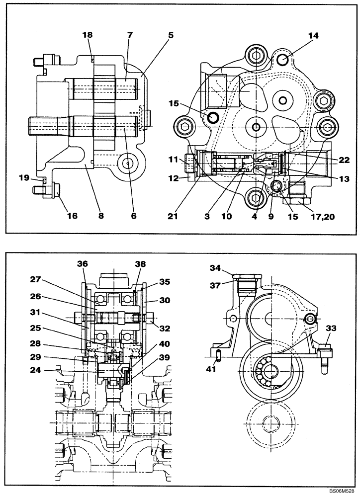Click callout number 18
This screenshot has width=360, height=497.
coord(87,36)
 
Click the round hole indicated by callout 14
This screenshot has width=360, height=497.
coord(282,60)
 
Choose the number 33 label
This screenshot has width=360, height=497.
coord(331,329)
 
